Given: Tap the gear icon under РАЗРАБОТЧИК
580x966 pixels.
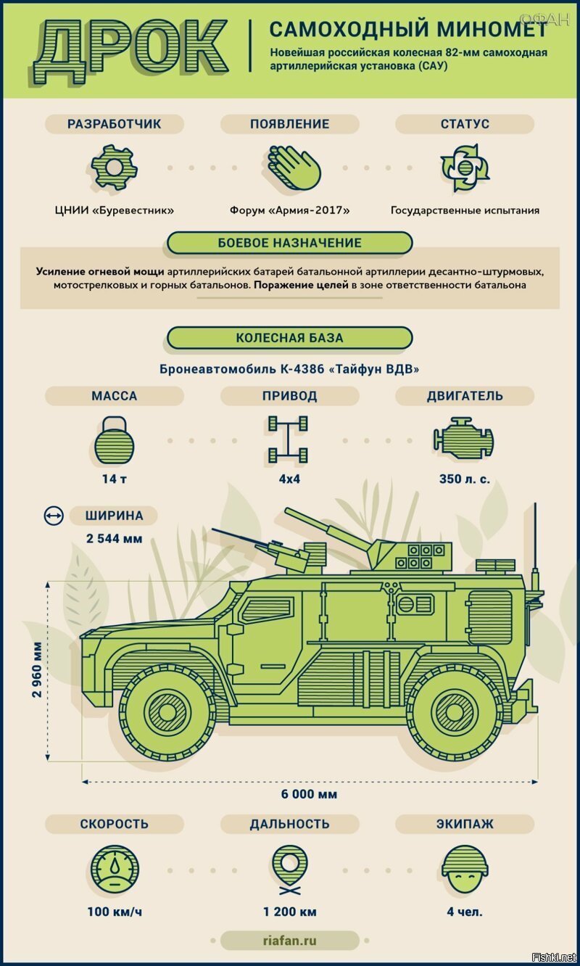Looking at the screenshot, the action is click(115, 168).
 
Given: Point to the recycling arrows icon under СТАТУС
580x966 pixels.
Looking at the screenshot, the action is click(465, 168).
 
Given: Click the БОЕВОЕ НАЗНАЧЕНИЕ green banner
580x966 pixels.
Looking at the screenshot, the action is click(290, 243).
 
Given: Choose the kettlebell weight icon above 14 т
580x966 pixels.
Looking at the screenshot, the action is click(115, 440).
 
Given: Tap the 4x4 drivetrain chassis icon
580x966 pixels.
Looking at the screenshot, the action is click(288, 440).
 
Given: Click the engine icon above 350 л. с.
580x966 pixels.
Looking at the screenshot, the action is click(464, 439).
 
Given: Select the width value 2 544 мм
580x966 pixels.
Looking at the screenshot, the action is click(115, 539).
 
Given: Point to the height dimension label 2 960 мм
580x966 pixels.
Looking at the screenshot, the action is click(38, 669).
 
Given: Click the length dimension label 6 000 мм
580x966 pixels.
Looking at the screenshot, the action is click(309, 794).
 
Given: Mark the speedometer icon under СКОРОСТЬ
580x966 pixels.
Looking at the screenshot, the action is click(115, 870).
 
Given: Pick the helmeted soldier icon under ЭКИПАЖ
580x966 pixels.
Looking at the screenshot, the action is click(465, 870).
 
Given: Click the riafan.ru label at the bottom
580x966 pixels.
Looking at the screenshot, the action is click(290, 941).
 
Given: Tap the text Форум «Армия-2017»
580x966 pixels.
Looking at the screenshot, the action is click(290, 210).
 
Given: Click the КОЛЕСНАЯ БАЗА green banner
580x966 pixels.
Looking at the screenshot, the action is click(290, 338).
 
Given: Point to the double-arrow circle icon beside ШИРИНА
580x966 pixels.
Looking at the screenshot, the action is click(54, 516).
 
